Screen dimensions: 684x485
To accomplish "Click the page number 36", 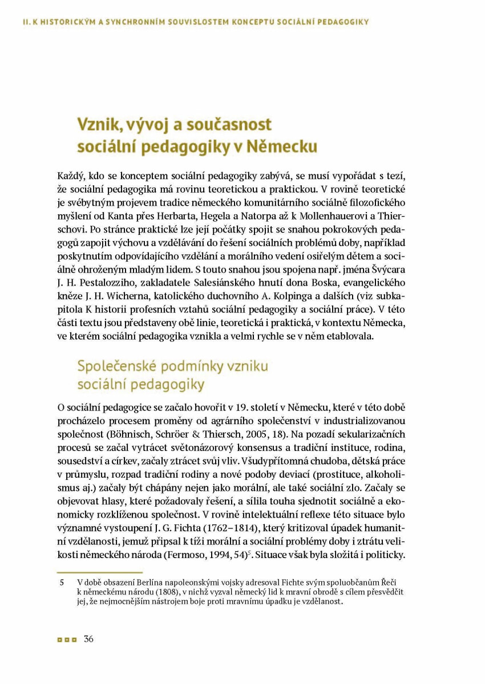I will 88,639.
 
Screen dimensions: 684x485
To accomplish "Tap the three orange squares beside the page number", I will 66,640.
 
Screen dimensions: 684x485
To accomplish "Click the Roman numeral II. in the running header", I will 26,22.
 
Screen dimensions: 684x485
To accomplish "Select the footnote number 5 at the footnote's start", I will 62,582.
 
